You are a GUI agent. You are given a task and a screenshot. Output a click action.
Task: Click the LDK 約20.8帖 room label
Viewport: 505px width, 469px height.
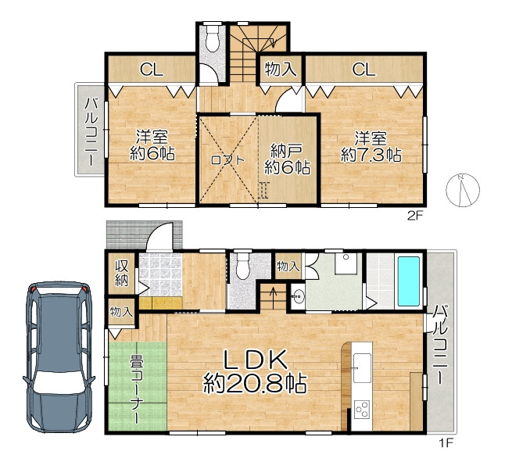pos(255,372)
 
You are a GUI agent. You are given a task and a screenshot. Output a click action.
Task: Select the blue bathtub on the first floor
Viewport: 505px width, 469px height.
pos(409,281)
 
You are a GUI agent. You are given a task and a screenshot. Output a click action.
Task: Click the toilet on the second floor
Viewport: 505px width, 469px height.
pos(212,38)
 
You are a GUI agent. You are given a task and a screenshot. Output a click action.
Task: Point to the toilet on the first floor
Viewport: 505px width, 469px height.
pos(242,266)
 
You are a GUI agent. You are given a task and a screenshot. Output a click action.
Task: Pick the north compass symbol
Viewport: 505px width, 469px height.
pos(463,191)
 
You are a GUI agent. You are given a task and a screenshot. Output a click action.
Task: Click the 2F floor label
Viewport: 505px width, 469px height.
pos(414,216)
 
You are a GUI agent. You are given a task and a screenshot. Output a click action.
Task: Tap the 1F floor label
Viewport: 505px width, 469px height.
pos(446,444)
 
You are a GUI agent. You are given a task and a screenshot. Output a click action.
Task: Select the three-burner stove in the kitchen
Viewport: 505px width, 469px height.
pos(362,409)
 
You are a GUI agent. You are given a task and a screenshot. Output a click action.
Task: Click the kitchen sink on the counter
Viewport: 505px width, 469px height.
pos(362,368)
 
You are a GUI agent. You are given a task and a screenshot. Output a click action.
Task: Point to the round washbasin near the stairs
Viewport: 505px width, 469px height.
pos(299,295)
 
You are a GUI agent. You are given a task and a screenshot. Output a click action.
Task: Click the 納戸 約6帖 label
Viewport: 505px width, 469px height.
pos(288,159)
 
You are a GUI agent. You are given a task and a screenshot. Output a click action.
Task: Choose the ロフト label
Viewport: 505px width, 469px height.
pos(227,159)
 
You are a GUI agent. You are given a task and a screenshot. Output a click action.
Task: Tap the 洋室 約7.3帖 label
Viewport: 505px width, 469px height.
pos(371,147)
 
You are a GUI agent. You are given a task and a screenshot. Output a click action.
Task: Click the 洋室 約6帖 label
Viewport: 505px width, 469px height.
pos(152,145)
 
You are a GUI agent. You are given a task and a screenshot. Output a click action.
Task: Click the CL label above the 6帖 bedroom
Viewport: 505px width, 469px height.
pos(152,70)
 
